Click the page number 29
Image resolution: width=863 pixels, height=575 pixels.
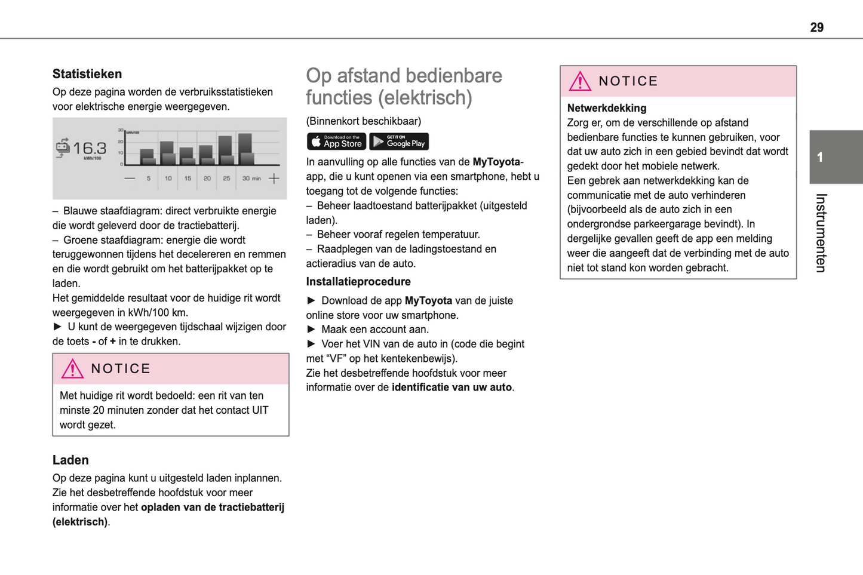click(x=816, y=27)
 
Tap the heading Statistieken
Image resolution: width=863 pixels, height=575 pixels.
click(x=87, y=74)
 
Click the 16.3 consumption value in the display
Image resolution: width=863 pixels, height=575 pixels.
click(x=90, y=148)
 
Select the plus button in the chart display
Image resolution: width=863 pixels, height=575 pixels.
click(x=274, y=178)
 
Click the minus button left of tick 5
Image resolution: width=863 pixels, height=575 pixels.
click(x=130, y=178)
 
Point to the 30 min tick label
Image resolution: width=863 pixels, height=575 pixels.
click(x=251, y=179)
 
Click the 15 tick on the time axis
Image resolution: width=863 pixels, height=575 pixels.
click(x=188, y=179)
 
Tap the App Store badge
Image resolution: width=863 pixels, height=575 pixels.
click(x=336, y=142)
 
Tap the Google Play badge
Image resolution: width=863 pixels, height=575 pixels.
click(x=399, y=142)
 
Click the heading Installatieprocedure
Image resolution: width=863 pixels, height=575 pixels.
click(x=358, y=282)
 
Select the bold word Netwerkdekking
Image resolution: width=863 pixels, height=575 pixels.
click(x=606, y=108)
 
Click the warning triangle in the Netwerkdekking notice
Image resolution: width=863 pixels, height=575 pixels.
click(x=579, y=81)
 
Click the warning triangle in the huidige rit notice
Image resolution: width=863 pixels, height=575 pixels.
click(x=72, y=369)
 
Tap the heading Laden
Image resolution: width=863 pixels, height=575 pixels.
click(x=70, y=460)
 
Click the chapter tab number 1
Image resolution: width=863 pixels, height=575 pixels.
click(x=820, y=158)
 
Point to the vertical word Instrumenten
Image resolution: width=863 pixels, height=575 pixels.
click(x=821, y=233)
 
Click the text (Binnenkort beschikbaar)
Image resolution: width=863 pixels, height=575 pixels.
click(x=363, y=121)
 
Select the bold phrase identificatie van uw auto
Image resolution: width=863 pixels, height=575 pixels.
click(x=452, y=388)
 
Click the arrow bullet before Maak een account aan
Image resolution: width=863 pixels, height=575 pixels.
click(x=311, y=330)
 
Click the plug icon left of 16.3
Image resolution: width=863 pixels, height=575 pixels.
click(x=63, y=147)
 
